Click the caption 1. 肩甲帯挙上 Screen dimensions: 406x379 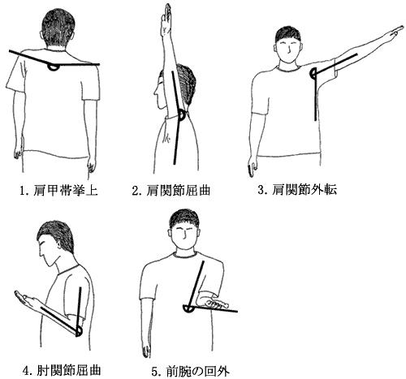click(58, 191)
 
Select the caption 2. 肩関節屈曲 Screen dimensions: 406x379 click(171, 191)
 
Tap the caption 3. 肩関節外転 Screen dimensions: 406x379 click(297, 190)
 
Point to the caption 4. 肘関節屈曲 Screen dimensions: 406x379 click(63, 370)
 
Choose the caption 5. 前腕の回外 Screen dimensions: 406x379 click(190, 371)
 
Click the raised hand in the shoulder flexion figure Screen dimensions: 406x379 click(166, 19)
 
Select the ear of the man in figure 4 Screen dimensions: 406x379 click(59, 246)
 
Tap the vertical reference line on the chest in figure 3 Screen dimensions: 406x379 click(316, 97)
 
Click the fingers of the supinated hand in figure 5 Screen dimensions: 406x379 click(217, 304)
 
